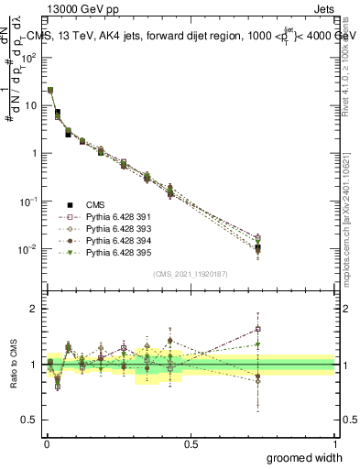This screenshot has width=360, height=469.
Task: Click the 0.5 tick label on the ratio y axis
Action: [x=29, y=420]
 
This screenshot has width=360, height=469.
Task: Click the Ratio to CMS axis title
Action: [x=12, y=365]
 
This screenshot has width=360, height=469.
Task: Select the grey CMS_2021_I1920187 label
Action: [x=191, y=272]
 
